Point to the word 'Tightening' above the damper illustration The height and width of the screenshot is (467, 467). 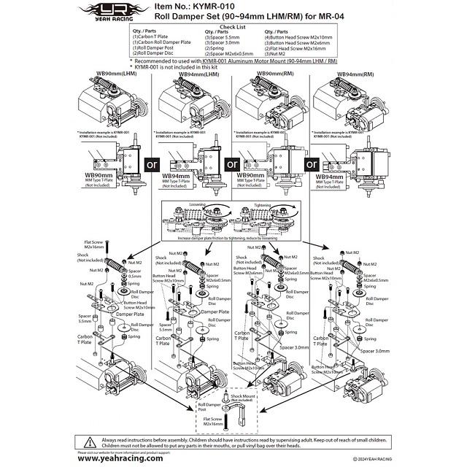(269, 205)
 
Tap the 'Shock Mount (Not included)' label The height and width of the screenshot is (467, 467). (242, 398)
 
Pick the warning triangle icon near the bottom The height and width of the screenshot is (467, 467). (88, 441)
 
